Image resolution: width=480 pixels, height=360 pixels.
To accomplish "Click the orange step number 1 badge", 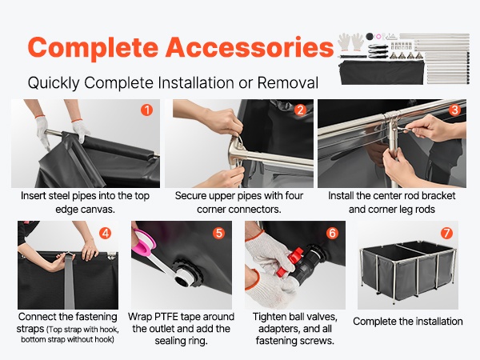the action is tap(146, 110).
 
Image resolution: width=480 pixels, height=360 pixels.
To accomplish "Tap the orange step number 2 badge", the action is tap(300, 110).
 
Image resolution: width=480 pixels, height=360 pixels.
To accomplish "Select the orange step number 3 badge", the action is tap(454, 110).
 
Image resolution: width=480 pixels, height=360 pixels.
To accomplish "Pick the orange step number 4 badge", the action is tap(105, 234).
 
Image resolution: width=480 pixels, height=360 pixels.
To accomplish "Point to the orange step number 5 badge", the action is tap(219, 234).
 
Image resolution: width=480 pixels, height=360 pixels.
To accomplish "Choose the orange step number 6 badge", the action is tap(333, 234).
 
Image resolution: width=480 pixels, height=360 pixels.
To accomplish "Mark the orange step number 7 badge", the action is tap(446, 234).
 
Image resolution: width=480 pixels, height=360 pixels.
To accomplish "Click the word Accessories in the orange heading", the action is tap(249, 47).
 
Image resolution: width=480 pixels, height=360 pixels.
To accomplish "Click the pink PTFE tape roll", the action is tap(143, 243).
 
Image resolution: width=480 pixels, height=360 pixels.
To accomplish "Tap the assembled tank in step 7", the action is tap(408, 270).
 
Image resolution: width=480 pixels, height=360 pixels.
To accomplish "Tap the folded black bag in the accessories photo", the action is tap(382, 72).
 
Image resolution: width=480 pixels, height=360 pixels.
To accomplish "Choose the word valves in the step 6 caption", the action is tap(322, 317).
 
